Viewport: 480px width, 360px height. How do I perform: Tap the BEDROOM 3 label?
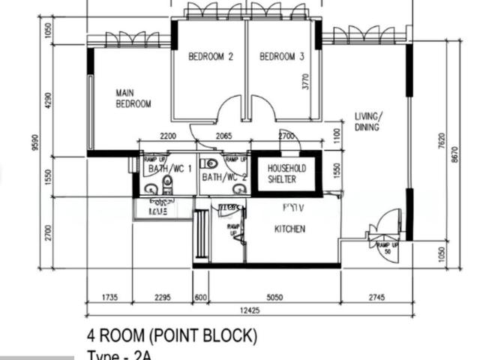[x=281, y=56]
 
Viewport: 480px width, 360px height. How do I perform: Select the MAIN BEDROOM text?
[x=133, y=98]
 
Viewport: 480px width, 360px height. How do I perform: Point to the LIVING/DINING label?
[x=368, y=121]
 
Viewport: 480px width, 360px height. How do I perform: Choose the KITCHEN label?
[x=289, y=229]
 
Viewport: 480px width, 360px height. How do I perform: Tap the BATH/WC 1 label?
[x=170, y=169]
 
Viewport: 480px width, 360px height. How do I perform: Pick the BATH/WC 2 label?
[x=224, y=177]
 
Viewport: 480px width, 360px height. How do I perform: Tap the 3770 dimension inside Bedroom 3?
[x=305, y=81]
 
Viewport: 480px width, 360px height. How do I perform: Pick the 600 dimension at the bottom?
[x=200, y=298]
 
